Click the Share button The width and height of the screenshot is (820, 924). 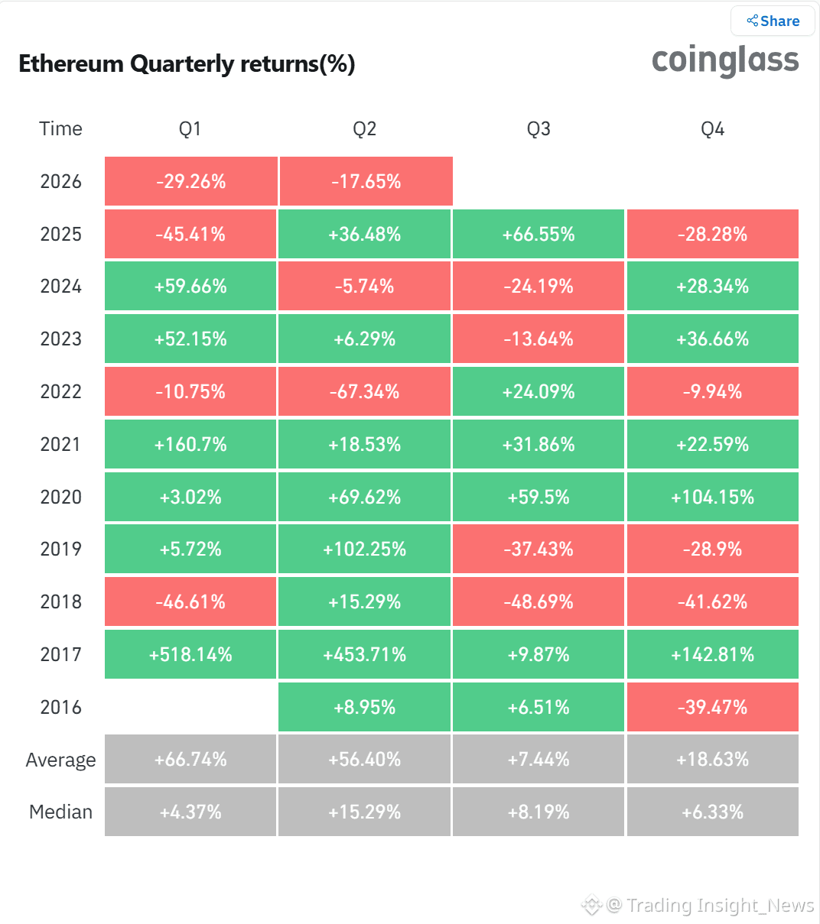pyautogui.click(x=773, y=21)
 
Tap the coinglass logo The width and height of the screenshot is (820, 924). pyautogui.click(x=725, y=60)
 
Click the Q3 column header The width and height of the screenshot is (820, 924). pyautogui.click(x=539, y=129)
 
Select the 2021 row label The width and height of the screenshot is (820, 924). pyautogui.click(x=60, y=444)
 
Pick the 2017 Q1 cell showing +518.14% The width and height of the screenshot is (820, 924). pyautogui.click(x=190, y=654)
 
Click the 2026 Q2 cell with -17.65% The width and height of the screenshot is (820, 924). pyautogui.click(x=366, y=181)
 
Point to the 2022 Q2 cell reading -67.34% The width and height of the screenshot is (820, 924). pyautogui.click(x=364, y=391)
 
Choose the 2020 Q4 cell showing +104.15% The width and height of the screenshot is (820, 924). pyautogui.click(x=713, y=497)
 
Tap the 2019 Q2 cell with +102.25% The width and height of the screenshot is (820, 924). pyautogui.click(x=364, y=549)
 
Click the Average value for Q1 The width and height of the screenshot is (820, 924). pyautogui.click(x=190, y=759)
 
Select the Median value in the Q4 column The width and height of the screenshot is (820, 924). pyautogui.click(x=713, y=812)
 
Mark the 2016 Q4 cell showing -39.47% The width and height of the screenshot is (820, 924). pyautogui.click(x=713, y=707)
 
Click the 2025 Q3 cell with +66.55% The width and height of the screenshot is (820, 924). pyautogui.click(x=539, y=234)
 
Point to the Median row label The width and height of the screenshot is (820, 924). pyautogui.click(x=60, y=812)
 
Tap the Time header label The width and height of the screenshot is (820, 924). pyautogui.click(x=60, y=128)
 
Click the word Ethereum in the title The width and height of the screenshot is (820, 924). pyautogui.click(x=71, y=63)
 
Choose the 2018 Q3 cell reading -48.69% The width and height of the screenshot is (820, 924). pyautogui.click(x=539, y=601)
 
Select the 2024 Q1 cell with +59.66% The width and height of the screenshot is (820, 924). pyautogui.click(x=190, y=287)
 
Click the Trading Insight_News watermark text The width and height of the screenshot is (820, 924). pyautogui.click(x=720, y=905)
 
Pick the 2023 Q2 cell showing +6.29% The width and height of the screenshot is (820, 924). pyautogui.click(x=364, y=339)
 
